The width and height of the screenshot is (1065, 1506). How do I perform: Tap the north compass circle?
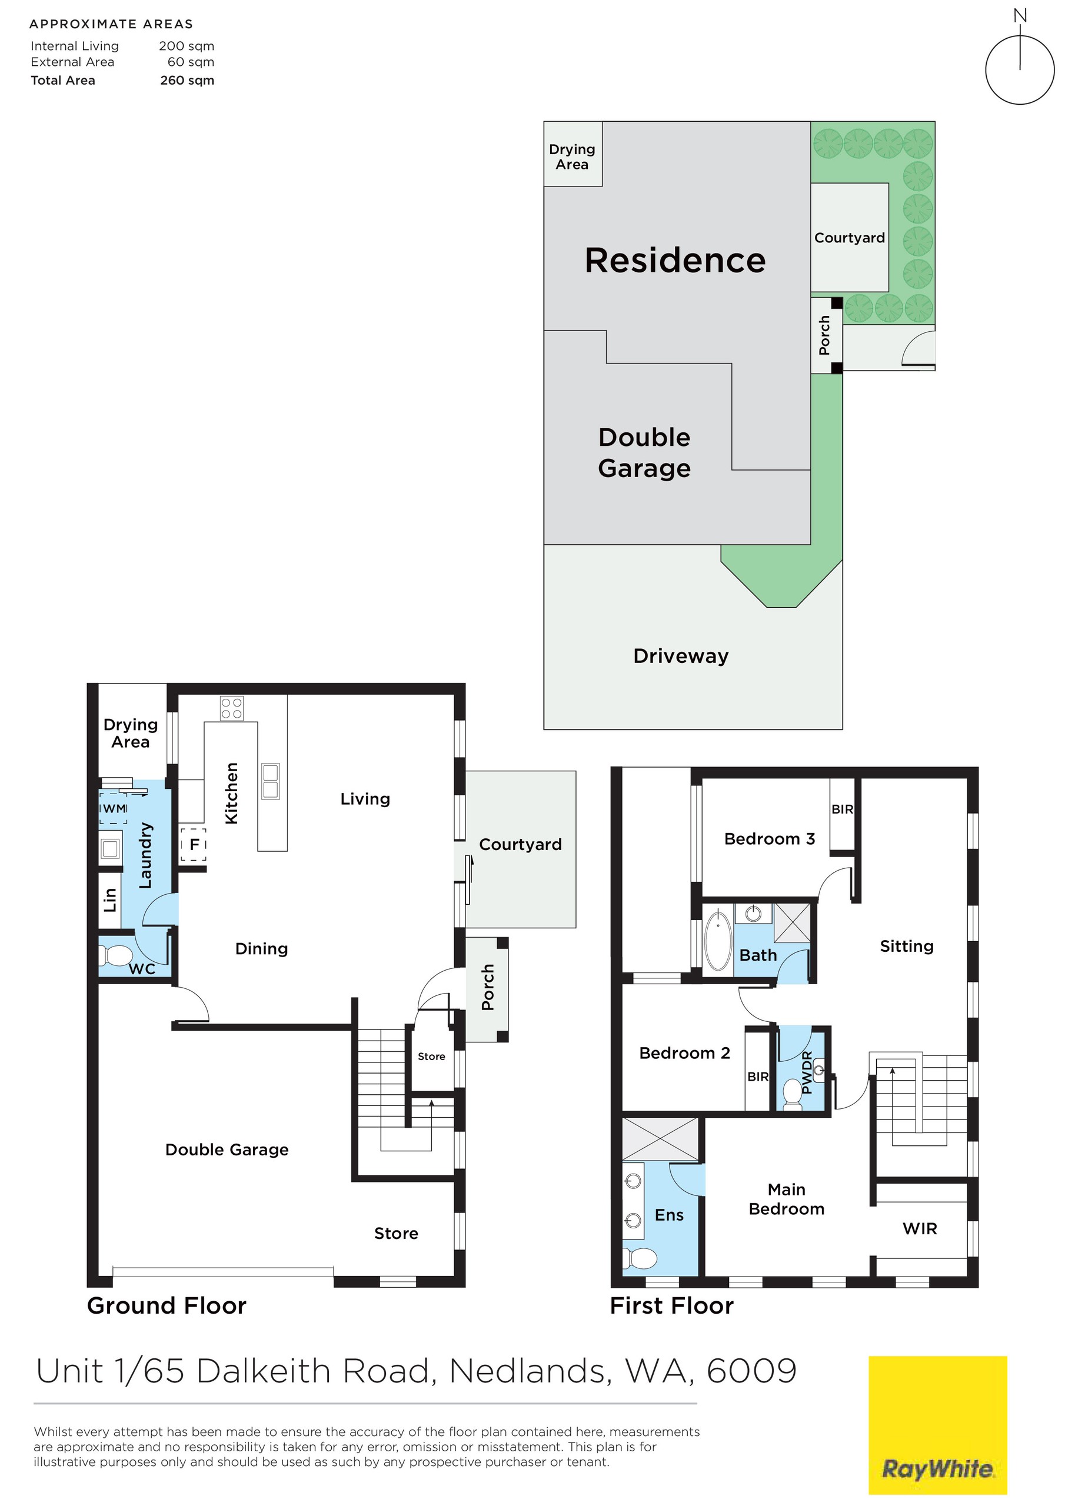(x=1019, y=69)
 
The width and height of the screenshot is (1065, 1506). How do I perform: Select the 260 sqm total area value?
(x=187, y=81)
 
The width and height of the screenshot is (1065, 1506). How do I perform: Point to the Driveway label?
(x=680, y=656)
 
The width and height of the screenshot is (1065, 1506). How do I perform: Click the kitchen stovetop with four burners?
(x=232, y=708)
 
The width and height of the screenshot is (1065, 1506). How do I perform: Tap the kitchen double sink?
(x=270, y=781)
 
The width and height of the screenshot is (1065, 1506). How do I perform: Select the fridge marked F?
(x=194, y=845)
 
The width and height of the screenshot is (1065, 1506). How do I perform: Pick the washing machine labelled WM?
(x=114, y=809)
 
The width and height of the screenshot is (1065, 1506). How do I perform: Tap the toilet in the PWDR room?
(x=793, y=1095)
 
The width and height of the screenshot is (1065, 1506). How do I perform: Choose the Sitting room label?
(x=906, y=946)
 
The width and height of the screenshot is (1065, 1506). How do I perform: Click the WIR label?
(x=919, y=1228)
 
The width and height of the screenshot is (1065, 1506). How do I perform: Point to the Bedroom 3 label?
(x=769, y=839)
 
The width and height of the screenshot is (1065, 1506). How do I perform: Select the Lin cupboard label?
(x=109, y=900)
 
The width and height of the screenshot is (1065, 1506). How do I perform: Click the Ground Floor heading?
(x=167, y=1306)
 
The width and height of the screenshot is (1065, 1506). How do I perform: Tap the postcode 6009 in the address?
(x=751, y=1371)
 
